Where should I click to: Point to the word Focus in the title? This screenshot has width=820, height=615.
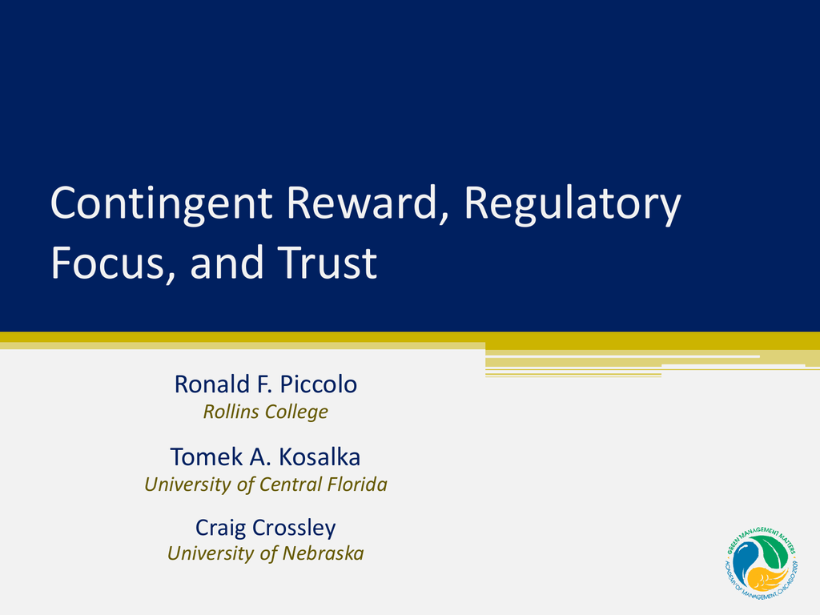[x=112, y=263]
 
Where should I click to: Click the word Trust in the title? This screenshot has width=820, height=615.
[x=327, y=262]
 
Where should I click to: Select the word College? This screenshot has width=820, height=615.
[x=295, y=412]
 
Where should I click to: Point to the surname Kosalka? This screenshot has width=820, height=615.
[x=319, y=456]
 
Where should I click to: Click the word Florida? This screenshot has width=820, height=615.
[x=357, y=484]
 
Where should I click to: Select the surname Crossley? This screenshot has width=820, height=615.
[x=294, y=528]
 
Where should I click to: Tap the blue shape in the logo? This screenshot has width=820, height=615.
[x=745, y=561]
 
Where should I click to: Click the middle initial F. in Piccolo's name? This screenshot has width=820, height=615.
[x=264, y=384]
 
